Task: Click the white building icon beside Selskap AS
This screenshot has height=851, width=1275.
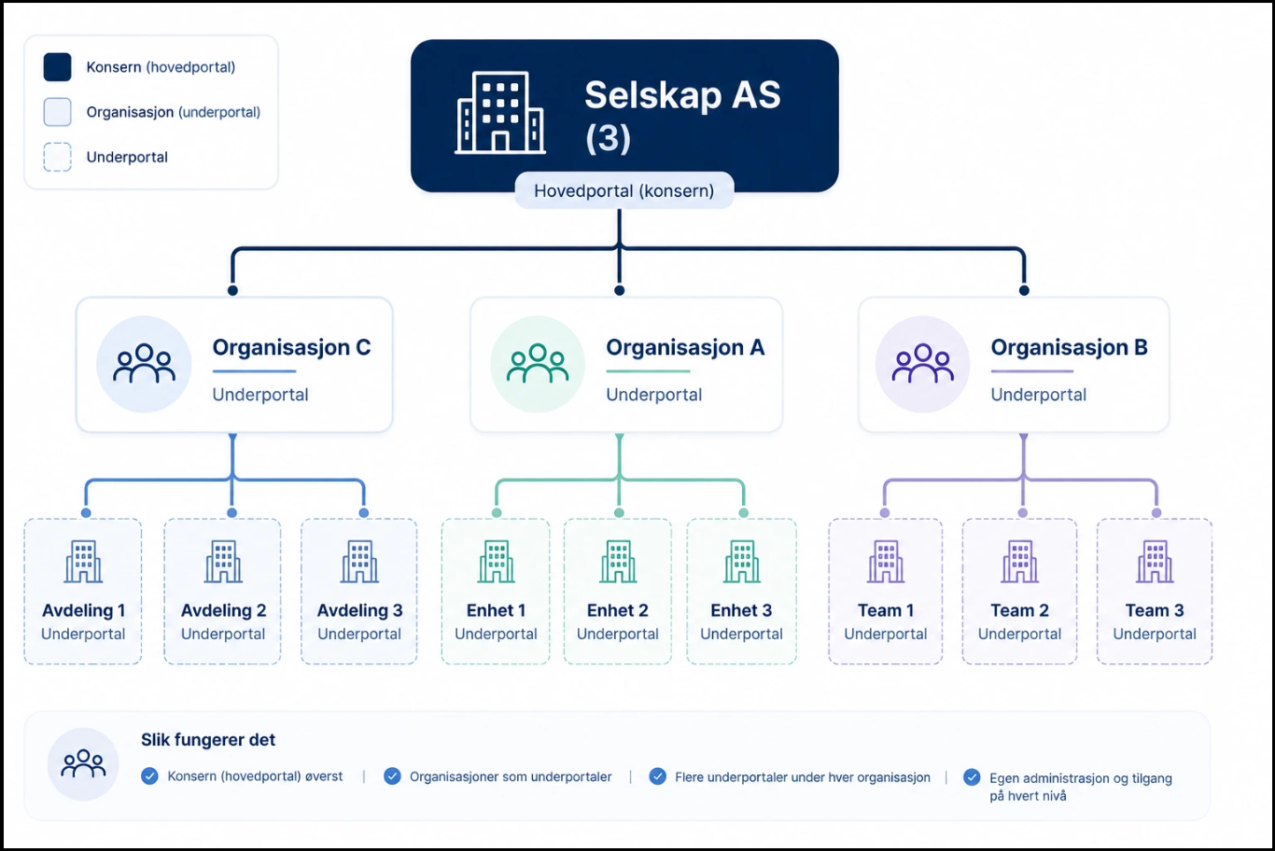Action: coord(500,113)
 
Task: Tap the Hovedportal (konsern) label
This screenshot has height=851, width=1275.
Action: coord(623,190)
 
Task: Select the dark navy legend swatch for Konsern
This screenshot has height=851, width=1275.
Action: coord(58,67)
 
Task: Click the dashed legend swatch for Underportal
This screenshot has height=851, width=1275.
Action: coord(58,157)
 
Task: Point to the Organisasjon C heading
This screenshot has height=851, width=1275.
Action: coord(291,347)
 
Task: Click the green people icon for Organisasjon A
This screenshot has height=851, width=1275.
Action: coord(538,363)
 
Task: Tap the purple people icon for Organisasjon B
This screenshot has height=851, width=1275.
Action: coord(923,363)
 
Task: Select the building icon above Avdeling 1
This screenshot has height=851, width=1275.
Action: coord(83,562)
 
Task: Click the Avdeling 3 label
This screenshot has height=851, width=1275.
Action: coord(359,610)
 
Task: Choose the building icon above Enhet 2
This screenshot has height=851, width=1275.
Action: coord(618,562)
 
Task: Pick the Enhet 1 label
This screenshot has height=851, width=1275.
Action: coord(496,610)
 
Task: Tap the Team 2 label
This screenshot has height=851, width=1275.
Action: coord(1019,610)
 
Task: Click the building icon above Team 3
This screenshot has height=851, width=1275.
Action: coord(1155,562)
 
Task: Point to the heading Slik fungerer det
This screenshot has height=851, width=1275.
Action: coord(208,740)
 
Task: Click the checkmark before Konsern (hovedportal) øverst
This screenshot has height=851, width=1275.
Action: coord(149,776)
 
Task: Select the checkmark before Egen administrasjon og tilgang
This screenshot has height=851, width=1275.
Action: coord(972,777)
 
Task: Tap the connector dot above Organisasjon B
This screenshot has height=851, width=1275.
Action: coord(1024,291)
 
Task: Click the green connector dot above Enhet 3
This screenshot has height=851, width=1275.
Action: coord(743,512)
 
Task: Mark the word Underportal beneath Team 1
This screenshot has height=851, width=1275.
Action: coord(886,635)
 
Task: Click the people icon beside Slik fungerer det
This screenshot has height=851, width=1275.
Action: coord(83,764)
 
